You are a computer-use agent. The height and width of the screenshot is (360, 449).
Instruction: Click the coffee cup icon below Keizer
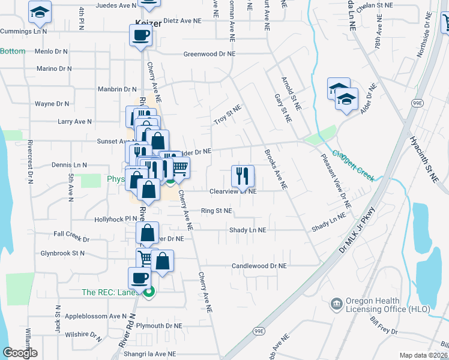coord(140,35)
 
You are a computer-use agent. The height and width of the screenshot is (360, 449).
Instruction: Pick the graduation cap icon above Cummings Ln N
coord(40,12)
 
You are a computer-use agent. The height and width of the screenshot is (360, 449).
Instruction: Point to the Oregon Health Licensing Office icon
coord(337,304)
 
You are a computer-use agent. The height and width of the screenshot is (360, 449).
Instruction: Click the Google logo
coord(20,353)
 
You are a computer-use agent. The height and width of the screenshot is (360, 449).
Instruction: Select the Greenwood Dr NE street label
coord(209,53)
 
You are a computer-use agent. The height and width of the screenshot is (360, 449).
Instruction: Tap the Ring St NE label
coord(216,211)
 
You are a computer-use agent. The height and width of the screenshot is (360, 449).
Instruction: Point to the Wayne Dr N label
coord(53,104)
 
